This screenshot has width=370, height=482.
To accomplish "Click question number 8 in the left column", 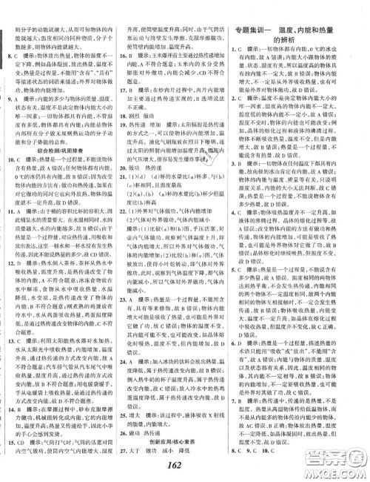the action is [x=8, y=56].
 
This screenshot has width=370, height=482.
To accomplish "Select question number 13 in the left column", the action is [x=10, y=377].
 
